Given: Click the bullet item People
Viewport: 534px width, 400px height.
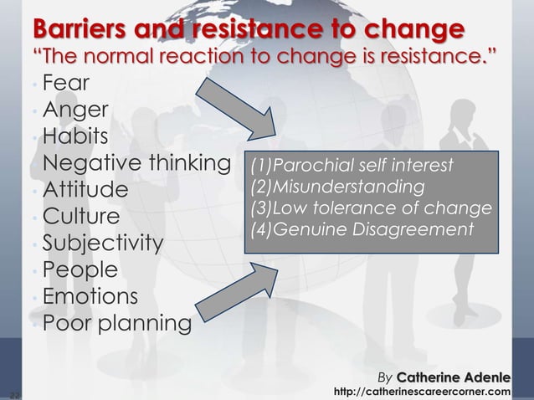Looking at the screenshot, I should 80,270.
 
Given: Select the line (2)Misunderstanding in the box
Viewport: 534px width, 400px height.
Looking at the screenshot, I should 337,185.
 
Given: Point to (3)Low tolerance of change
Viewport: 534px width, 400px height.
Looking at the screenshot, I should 369,207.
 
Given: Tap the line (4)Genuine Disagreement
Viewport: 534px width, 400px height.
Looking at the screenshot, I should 357,228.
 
